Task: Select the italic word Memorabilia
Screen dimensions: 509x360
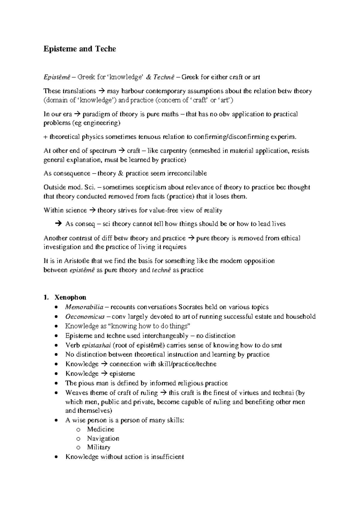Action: (x=84, y=307)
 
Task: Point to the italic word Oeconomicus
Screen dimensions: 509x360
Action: (x=85, y=317)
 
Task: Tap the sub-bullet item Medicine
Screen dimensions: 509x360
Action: (x=100, y=429)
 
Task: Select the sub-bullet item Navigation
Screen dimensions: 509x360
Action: (x=103, y=438)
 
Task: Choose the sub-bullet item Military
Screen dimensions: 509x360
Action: (x=99, y=447)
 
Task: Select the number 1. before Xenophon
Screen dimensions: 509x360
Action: (x=46, y=297)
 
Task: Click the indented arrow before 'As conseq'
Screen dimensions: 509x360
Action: (x=58, y=224)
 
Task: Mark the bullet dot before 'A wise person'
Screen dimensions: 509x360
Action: (x=56, y=420)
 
